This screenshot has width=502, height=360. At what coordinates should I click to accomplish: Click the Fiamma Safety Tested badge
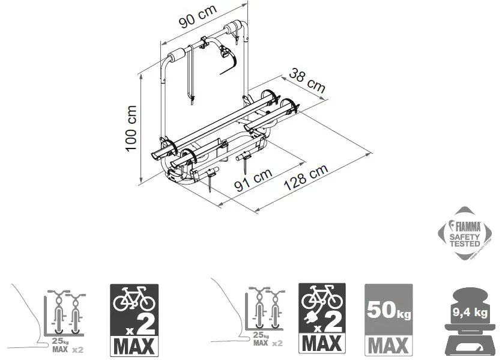(466, 235)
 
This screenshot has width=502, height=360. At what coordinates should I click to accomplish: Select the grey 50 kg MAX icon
(388, 319)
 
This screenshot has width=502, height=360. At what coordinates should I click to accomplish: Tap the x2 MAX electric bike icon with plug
(321, 319)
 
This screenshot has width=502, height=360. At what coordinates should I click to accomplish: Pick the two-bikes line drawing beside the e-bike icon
(257, 315)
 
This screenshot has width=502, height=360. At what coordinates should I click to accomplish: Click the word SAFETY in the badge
(465, 237)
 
